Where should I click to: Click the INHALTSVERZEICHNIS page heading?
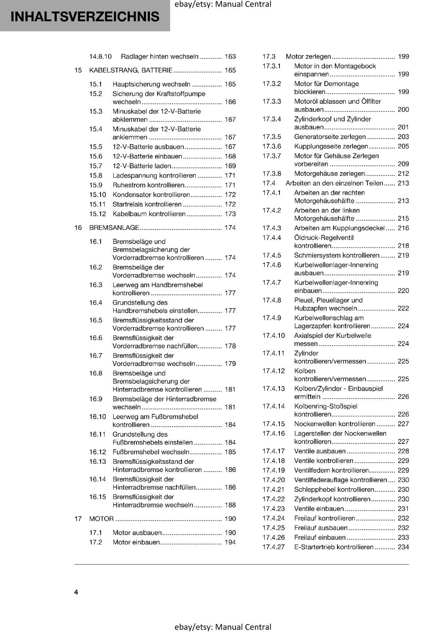click(85, 17)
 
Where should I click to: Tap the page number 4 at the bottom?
click(76, 592)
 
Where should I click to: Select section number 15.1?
click(96, 84)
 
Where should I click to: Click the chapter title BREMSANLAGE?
click(114, 228)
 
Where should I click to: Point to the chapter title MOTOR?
click(101, 519)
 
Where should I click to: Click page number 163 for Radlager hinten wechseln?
click(230, 56)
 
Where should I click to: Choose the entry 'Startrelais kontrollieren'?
click(147, 204)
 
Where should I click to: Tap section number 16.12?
click(97, 452)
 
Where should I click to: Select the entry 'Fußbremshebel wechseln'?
click(151, 452)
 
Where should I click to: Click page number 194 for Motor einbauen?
click(230, 542)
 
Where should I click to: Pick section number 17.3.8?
click(272, 173)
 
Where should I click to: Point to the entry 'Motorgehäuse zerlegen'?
click(330, 173)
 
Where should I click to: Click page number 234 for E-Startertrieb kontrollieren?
click(403, 547)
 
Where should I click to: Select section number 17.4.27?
click(274, 547)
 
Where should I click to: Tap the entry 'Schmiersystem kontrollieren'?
click(337, 255)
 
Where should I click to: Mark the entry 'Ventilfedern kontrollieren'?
click(332, 470)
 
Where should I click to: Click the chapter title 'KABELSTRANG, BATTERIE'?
click(131, 70)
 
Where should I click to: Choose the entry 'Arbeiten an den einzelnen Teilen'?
click(334, 183)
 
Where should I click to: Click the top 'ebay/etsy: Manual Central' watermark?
click(223, 4)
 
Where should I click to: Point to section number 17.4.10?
click(274, 335)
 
